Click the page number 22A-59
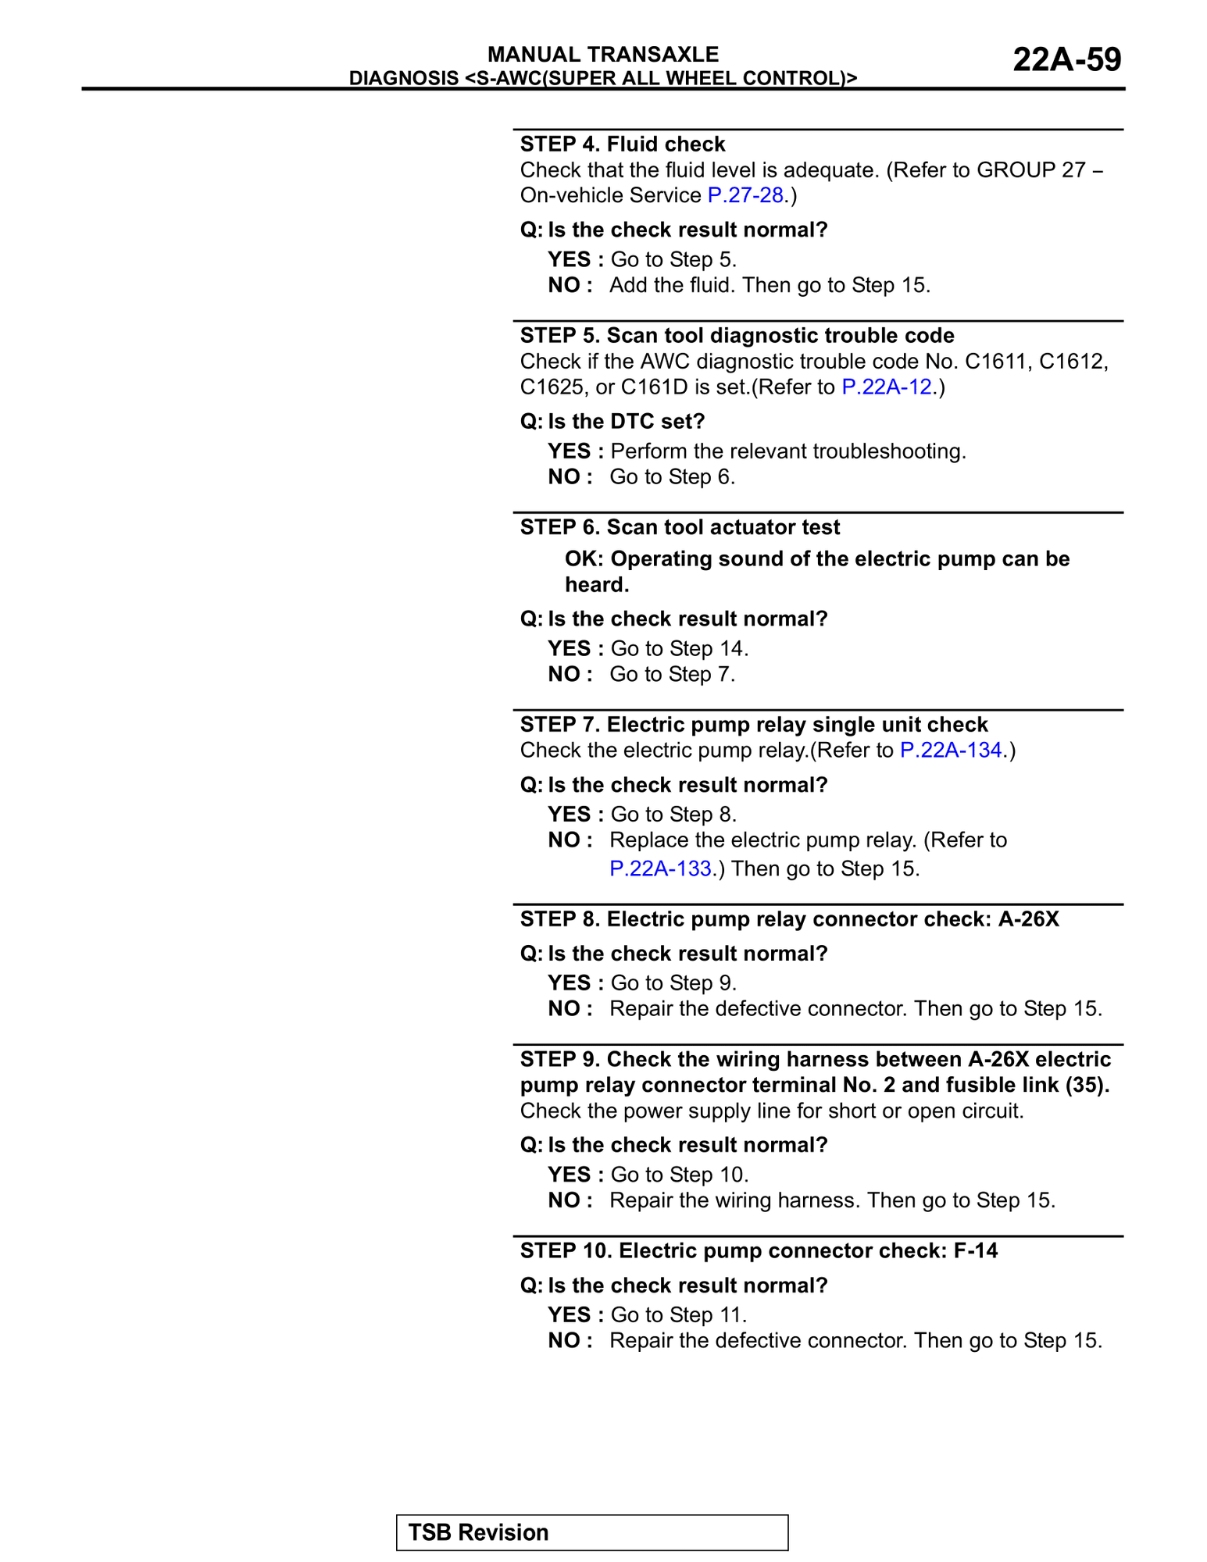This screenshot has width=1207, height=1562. click(1066, 59)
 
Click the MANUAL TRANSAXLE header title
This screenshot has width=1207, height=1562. click(602, 54)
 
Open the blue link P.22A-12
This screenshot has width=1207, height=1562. click(886, 387)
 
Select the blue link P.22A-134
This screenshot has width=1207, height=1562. click(951, 750)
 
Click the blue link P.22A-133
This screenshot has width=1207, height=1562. click(660, 868)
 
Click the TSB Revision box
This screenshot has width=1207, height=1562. click(591, 1532)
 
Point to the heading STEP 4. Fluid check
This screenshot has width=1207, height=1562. click(623, 144)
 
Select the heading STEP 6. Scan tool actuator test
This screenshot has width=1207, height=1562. click(680, 527)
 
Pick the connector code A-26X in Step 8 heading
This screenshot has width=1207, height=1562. click(1028, 918)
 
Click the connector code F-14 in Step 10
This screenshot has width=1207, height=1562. click(975, 1250)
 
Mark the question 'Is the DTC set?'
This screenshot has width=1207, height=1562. click(612, 421)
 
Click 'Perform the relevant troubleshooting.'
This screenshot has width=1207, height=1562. click(787, 451)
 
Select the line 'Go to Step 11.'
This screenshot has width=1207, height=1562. click(678, 1314)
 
